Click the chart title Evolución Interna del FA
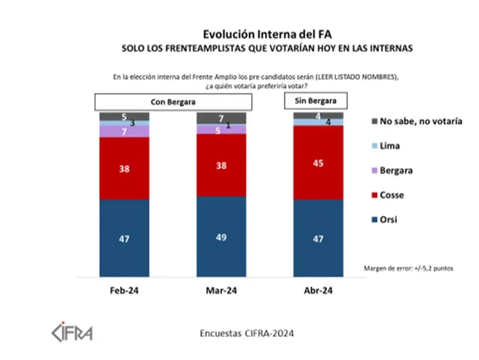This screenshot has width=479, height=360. [267, 34]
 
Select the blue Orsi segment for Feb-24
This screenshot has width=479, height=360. [124, 238]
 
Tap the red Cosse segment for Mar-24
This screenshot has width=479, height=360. [221, 165]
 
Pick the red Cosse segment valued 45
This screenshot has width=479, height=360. [318, 163]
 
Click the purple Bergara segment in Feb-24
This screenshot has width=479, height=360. [124, 131]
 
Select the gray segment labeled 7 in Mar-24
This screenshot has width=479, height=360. [221, 118]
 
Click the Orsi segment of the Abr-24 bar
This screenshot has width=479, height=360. [318, 238]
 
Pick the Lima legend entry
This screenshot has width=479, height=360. [389, 145]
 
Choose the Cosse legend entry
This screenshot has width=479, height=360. [391, 195]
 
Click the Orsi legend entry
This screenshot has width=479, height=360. [389, 220]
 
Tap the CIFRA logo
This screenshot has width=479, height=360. [71, 331]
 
